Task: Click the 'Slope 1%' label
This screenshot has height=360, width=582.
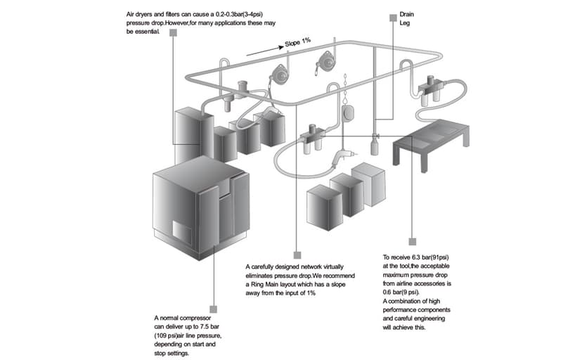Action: click(x=297, y=43)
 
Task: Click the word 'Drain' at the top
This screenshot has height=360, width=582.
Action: click(x=407, y=14)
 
